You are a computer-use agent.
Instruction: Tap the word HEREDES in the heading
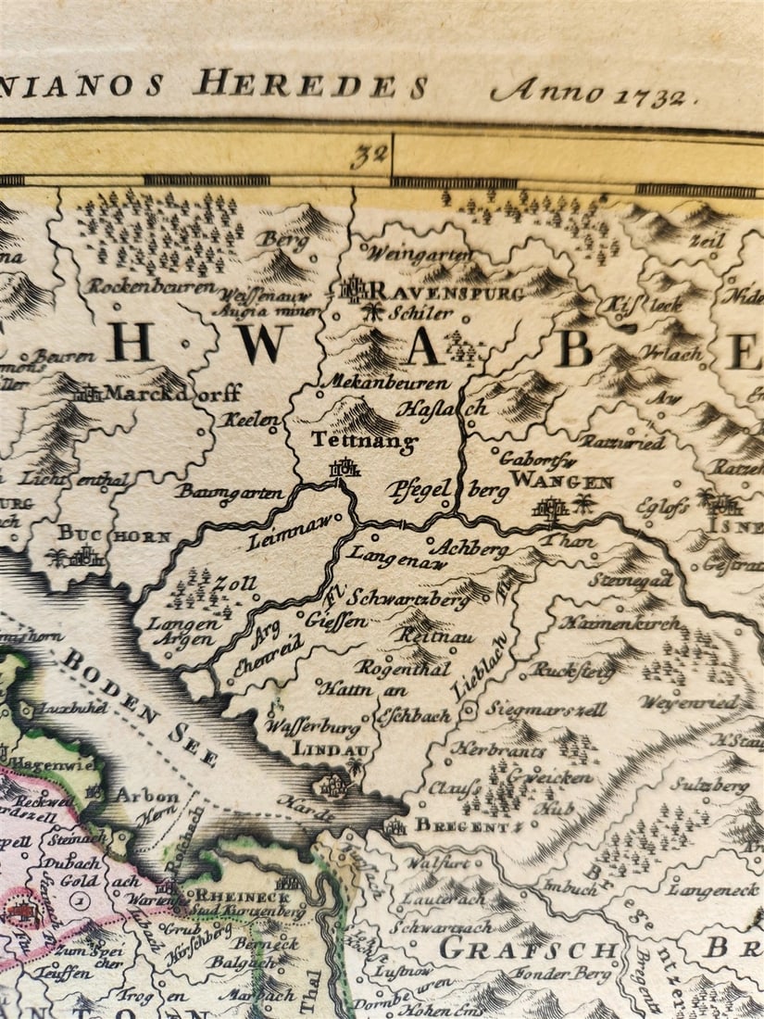point(310,84)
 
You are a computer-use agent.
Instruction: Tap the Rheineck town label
point(239,896)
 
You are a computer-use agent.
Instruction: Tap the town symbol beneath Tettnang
point(344,470)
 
